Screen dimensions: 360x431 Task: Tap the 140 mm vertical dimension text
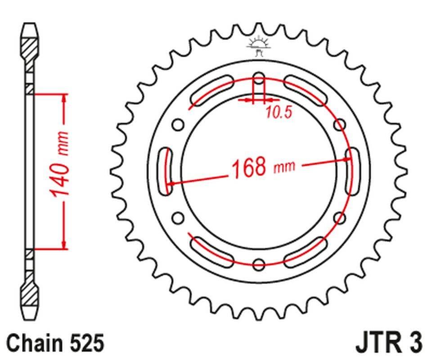(x=60, y=165)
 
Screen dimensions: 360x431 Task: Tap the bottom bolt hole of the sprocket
(x=259, y=264)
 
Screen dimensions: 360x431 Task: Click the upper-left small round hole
(x=179, y=124)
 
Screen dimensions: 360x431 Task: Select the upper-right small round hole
(x=341, y=124)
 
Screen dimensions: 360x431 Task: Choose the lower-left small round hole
(x=179, y=218)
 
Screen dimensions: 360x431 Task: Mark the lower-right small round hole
(x=341, y=218)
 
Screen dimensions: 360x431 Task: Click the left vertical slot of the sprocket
(x=166, y=171)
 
